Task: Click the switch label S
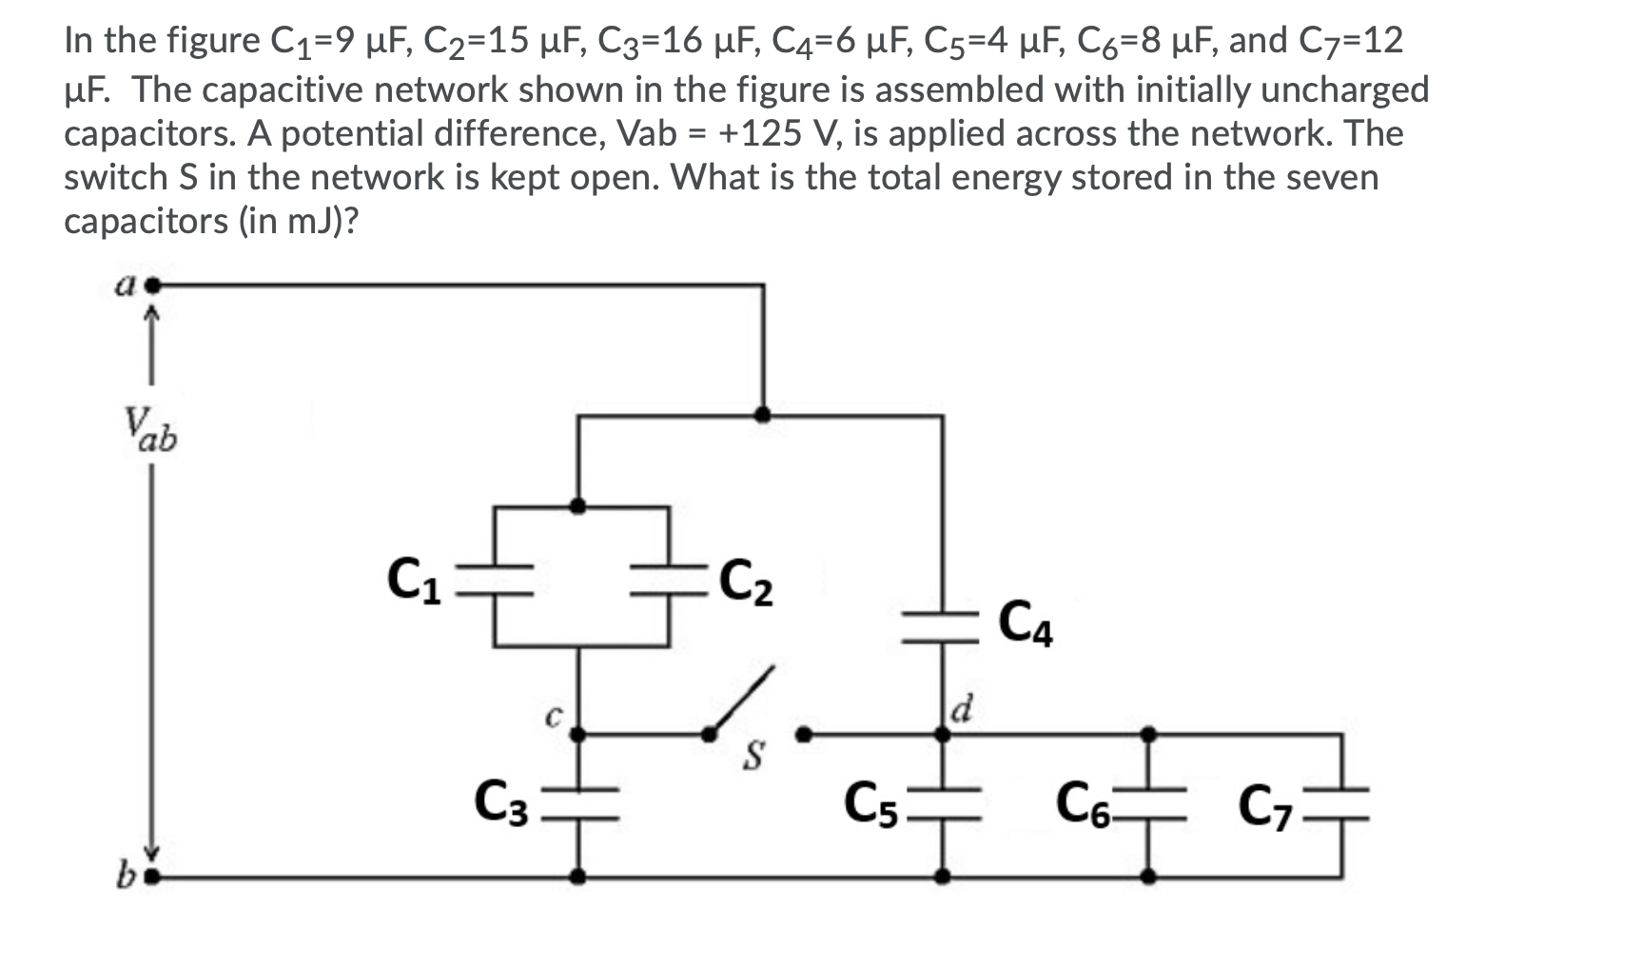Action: tap(754, 758)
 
